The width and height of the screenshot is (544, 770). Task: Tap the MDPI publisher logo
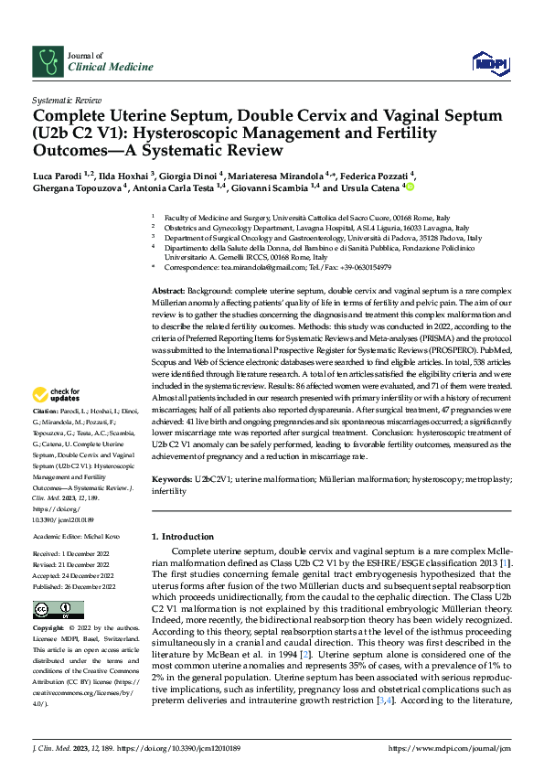[x=490, y=62]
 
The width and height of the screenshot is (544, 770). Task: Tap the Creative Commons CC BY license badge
[x=59, y=609]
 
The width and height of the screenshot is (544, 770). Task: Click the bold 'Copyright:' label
[x=49, y=629]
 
